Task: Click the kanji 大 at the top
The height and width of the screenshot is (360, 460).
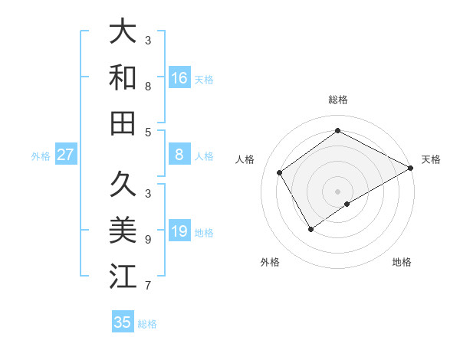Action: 123,32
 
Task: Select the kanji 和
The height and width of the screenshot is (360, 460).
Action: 123,77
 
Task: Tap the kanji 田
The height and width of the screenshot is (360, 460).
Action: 123,123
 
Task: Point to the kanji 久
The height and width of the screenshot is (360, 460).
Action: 123,184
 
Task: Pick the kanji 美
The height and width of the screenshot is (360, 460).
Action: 123,229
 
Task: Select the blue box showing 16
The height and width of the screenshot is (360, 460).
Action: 179,77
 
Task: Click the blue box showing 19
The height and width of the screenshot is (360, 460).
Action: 179,231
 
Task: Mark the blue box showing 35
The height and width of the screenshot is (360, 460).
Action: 123,322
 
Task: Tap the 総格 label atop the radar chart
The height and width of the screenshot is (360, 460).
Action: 337,100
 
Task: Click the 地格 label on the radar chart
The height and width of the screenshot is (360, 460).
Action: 402,262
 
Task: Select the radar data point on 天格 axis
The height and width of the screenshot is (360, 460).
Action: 411,169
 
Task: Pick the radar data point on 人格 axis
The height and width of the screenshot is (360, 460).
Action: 280,172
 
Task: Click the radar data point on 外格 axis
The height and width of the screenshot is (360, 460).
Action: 310,228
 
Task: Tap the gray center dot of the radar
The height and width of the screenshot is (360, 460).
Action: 337,190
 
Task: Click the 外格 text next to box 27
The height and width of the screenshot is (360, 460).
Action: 41,156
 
